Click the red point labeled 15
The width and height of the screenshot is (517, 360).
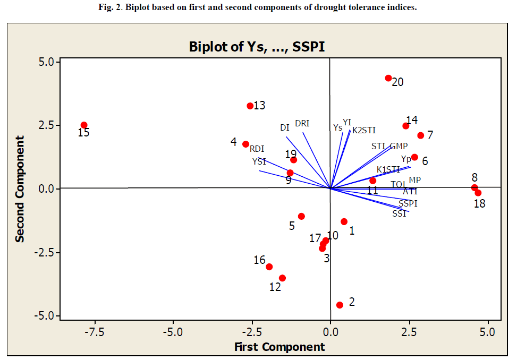pos(84,125)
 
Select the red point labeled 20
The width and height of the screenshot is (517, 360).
pos(388,78)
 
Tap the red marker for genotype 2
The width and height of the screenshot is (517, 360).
pos(340,305)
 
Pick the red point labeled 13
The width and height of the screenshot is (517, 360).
pos(250,106)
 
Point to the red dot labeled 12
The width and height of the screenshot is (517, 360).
pos(282,278)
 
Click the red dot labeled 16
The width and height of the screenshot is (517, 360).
pos(269,267)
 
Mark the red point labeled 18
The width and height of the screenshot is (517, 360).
pos(478,193)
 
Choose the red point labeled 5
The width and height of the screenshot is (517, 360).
pos(301,216)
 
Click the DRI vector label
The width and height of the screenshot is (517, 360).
pos(302,123)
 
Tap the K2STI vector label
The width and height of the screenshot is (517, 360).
pos(364,130)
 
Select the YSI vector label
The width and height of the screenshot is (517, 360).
pos(259,161)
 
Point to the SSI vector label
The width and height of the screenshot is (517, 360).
pos(400,213)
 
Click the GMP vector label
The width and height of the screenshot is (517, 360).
pos(399,146)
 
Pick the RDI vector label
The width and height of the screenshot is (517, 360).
pos(257,149)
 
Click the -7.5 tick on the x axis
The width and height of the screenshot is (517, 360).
pos(95,332)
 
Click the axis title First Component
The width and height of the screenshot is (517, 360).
pos(279,347)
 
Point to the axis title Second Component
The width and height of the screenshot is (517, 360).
pos(20,188)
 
